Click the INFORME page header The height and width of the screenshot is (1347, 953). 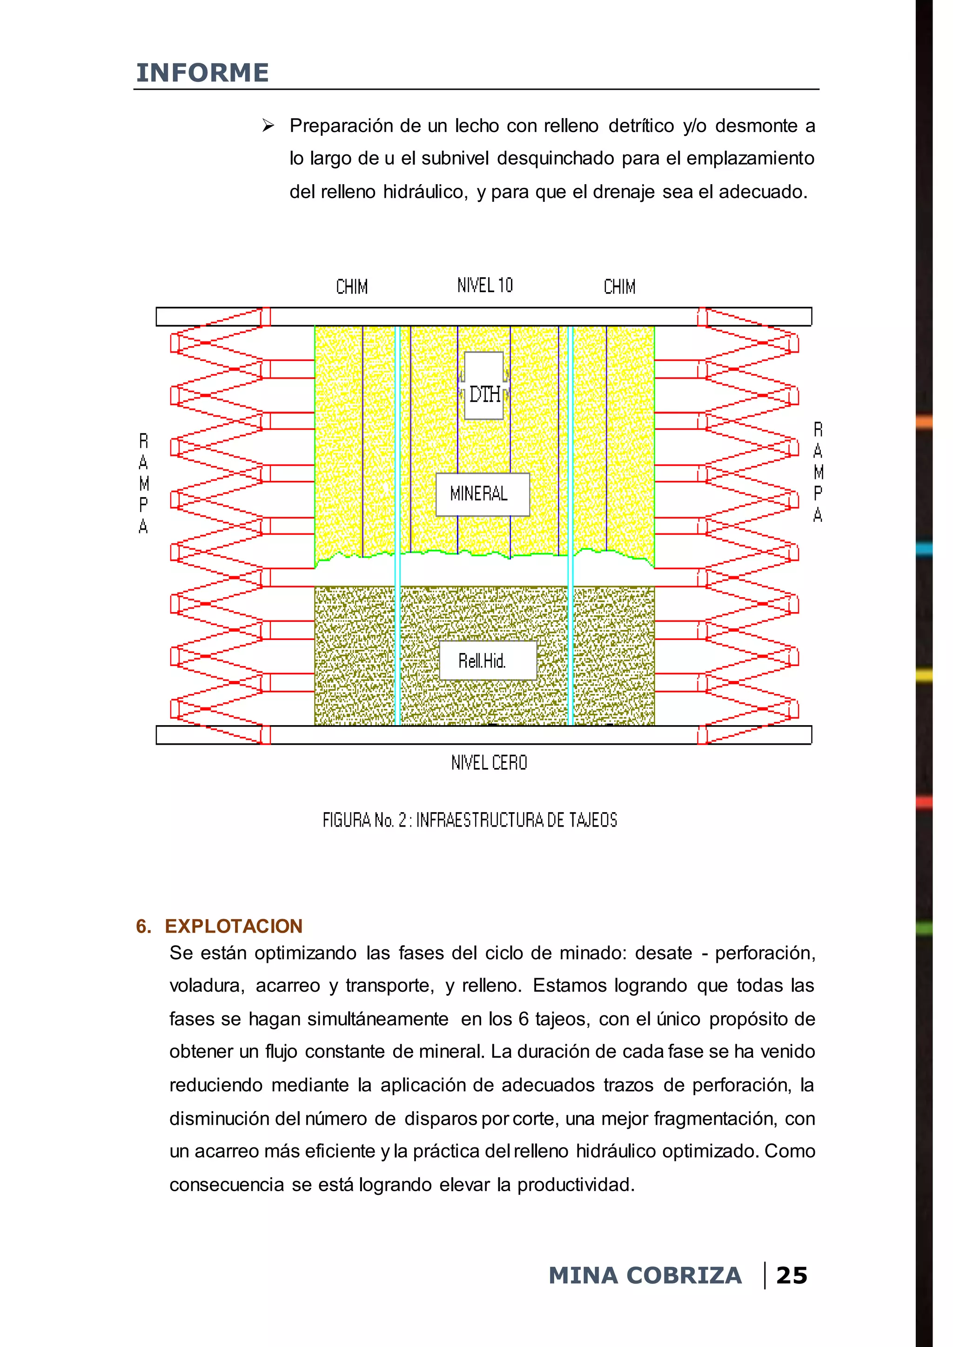tap(202, 73)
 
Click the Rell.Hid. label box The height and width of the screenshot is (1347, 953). tap(487, 660)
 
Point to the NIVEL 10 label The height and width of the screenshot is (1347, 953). tap(485, 286)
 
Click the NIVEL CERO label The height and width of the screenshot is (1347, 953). tap(489, 763)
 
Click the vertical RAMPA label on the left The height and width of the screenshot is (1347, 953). tap(143, 483)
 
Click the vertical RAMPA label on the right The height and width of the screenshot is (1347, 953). tap(818, 472)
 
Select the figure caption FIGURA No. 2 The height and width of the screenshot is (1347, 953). tap(470, 820)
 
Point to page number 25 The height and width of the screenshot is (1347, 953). tap(791, 1275)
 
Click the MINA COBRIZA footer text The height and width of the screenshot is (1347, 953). tap(644, 1275)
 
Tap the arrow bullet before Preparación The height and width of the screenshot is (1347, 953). tap(268, 126)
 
